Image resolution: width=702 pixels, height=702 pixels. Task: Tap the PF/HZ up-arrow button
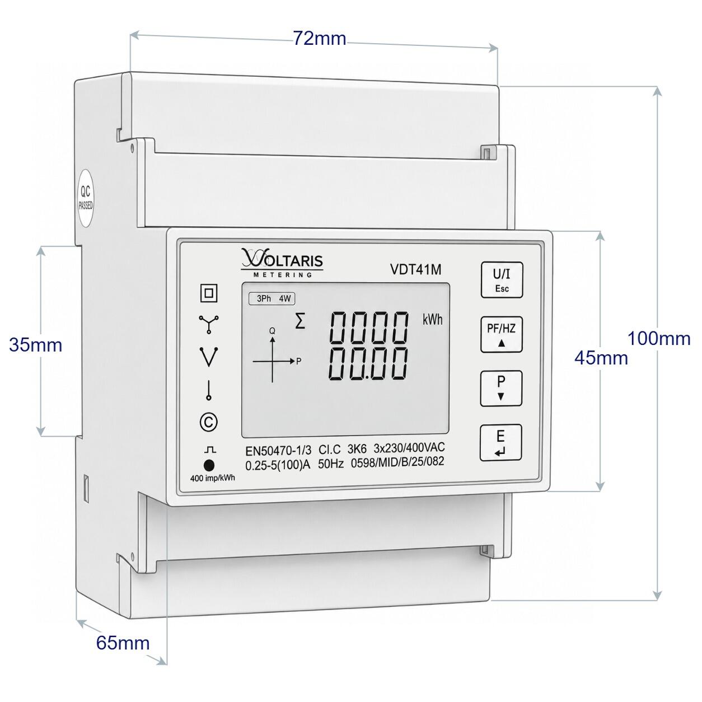pos(501,334)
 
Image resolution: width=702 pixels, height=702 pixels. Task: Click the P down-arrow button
pos(501,389)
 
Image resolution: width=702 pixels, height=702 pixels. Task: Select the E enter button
pos(500,443)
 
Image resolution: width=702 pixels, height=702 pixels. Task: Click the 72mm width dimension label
pos(320,38)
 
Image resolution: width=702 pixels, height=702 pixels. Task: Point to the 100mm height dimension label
pos(659,339)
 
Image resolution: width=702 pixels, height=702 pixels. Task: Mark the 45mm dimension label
pos(601,358)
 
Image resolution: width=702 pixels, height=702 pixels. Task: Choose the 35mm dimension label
pos(35,345)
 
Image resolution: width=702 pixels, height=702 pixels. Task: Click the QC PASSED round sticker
pos(86,198)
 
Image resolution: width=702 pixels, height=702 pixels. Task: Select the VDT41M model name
pos(416,269)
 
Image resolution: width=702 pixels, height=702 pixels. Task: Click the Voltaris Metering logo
pos(282,263)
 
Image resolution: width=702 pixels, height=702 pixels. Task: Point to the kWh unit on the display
pos(432,320)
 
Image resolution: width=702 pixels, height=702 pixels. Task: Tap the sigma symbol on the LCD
pos(300,322)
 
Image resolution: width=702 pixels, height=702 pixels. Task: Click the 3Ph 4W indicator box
pos(272,299)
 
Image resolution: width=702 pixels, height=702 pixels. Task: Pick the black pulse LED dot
pos(209,465)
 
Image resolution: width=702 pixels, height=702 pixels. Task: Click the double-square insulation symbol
pos(209,293)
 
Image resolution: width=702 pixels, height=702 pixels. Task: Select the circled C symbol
pos(209,422)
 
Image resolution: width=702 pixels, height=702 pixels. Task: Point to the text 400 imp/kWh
pos(212,478)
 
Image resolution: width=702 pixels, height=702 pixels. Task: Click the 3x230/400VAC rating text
pos(409,447)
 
